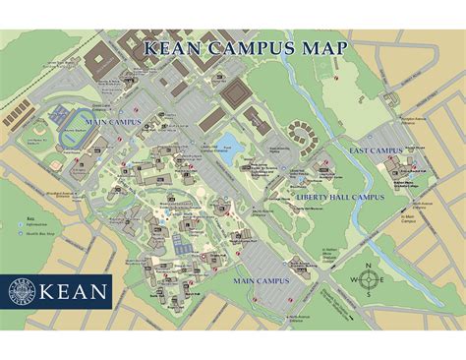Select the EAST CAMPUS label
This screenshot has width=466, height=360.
(x=374, y=150)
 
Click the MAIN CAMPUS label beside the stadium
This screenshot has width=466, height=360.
(x=113, y=122)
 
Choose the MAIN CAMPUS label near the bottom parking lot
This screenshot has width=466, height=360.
(x=261, y=280)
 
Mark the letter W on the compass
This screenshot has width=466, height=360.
(x=355, y=280)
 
